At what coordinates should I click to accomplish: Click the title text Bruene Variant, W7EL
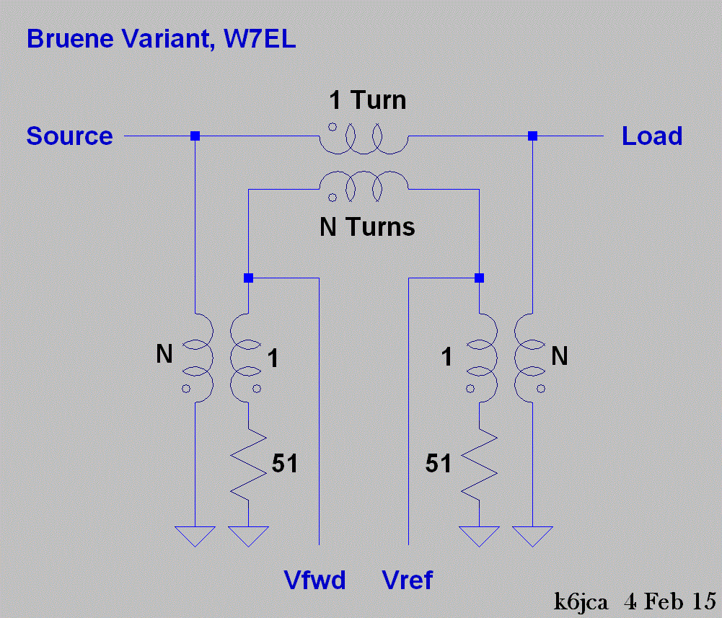click(x=161, y=38)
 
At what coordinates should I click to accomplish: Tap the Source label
click(x=69, y=136)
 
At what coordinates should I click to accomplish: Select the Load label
click(x=652, y=136)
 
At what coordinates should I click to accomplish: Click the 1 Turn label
click(x=367, y=100)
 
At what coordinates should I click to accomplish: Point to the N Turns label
click(x=367, y=228)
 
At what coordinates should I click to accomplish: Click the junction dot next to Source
click(x=195, y=136)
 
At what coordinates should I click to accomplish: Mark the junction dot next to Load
click(x=532, y=136)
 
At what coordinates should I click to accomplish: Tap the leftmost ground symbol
click(x=195, y=535)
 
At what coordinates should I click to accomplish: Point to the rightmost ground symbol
click(x=532, y=535)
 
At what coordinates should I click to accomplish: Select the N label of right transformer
click(x=559, y=356)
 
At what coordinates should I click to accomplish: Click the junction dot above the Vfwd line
click(x=248, y=278)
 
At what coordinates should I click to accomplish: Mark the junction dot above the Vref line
click(x=479, y=278)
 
